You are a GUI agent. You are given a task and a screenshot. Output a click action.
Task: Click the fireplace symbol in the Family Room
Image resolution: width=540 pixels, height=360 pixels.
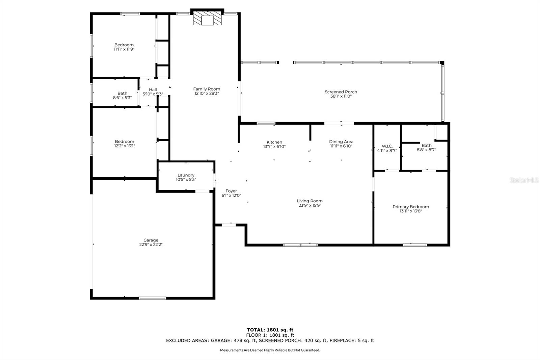pyautogui.click(x=207, y=18)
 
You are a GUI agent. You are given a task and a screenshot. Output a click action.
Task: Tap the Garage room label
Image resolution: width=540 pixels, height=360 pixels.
pyautogui.click(x=151, y=240)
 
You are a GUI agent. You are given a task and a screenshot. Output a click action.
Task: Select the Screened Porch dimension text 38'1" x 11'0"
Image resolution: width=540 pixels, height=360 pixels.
pyautogui.click(x=341, y=96)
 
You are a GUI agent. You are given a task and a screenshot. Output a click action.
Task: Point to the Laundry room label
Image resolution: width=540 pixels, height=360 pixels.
pyautogui.click(x=186, y=175)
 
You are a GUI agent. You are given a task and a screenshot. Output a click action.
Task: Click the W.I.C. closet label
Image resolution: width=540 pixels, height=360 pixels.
pyautogui.click(x=387, y=146)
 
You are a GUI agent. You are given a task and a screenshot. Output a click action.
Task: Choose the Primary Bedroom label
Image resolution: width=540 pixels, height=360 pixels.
pyautogui.click(x=411, y=207)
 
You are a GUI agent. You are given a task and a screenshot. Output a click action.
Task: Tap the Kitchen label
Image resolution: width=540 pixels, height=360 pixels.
pyautogui.click(x=274, y=142)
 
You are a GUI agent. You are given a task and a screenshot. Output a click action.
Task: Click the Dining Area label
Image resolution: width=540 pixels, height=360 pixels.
pyautogui.click(x=341, y=142)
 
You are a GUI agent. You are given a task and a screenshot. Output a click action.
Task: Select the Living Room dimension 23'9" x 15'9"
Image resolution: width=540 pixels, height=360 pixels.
pyautogui.click(x=310, y=205)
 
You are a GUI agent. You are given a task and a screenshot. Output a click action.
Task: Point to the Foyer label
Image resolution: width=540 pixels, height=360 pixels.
pyautogui.click(x=231, y=191)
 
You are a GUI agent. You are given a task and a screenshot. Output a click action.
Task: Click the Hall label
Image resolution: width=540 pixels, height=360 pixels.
pyautogui.click(x=153, y=90)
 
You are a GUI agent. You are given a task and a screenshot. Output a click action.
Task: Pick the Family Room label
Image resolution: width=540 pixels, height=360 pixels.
pyautogui.click(x=207, y=89)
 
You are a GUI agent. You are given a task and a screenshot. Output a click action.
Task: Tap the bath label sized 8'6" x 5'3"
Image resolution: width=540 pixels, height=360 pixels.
pyautogui.click(x=123, y=94)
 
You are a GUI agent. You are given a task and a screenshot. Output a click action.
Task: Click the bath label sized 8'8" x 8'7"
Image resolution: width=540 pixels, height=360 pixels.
pyautogui.click(x=427, y=146)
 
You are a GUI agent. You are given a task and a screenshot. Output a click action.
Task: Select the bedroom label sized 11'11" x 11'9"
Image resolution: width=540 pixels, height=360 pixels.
pyautogui.click(x=124, y=45)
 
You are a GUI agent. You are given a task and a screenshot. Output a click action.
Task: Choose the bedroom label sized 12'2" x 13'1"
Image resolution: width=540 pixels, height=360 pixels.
pyautogui.click(x=125, y=142)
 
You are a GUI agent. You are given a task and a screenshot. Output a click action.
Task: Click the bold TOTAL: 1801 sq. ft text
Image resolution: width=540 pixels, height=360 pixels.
pyautogui.click(x=270, y=330)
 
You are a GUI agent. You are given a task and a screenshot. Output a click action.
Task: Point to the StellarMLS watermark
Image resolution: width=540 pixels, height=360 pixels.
pyautogui.click(x=524, y=180)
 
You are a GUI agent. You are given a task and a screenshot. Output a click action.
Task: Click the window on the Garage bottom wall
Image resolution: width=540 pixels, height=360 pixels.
pyautogui.click(x=152, y=298)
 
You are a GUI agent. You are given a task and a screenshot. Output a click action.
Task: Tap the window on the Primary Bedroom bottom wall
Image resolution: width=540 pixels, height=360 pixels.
pyautogui.click(x=415, y=245)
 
